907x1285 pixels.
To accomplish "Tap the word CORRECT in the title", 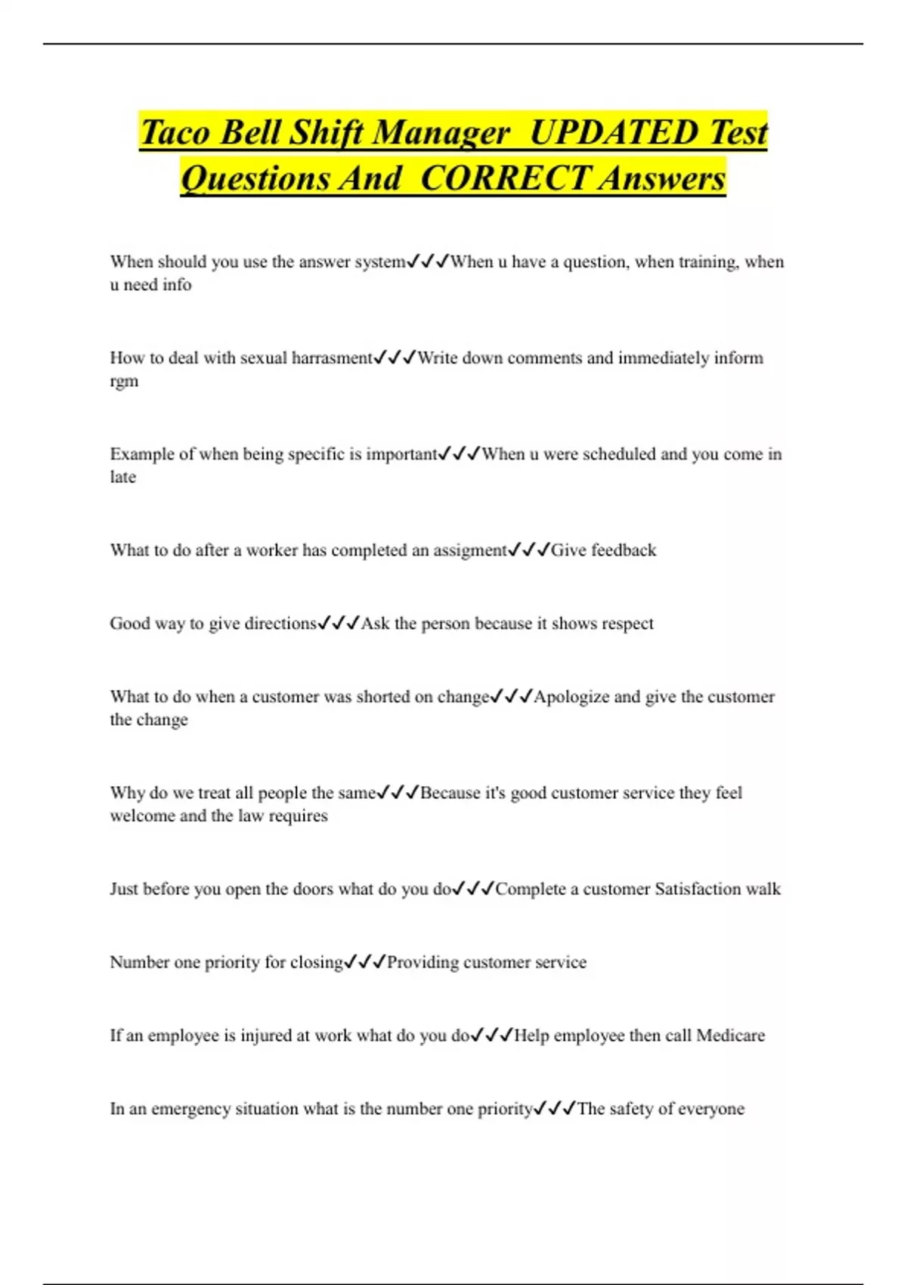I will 504,178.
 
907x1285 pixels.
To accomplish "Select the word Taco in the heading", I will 175,132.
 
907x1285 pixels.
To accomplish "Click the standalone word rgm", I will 124,382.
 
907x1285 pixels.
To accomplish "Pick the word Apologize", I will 571,697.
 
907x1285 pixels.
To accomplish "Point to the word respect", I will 624,624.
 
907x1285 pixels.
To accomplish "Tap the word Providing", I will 423,962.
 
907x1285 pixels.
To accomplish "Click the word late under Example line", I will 122,477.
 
